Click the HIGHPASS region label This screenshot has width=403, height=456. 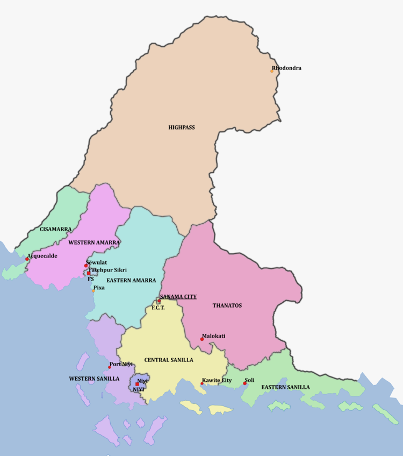[181, 127]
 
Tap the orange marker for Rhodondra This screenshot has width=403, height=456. [272, 71]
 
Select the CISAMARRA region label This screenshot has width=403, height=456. [55, 229]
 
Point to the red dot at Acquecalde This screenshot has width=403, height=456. [27, 259]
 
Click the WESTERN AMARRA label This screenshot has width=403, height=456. [93, 243]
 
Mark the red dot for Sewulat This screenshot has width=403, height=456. [86, 266]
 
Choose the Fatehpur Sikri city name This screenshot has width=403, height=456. [107, 269]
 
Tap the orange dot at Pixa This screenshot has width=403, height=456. [93, 291]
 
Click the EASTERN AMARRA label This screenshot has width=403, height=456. [131, 280]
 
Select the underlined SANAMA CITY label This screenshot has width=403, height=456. [178, 296]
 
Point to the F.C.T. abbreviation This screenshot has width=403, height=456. [157, 308]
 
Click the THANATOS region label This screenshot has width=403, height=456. [227, 305]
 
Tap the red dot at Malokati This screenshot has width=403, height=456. [202, 339]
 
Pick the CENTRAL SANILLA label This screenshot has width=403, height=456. [168, 360]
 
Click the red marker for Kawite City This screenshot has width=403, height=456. [202, 383]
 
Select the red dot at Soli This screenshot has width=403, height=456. [245, 383]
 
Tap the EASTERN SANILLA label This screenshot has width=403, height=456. [285, 387]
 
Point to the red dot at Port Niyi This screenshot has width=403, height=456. [110, 367]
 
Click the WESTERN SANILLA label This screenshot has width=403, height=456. [93, 379]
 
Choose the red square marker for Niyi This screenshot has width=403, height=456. [137, 384]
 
